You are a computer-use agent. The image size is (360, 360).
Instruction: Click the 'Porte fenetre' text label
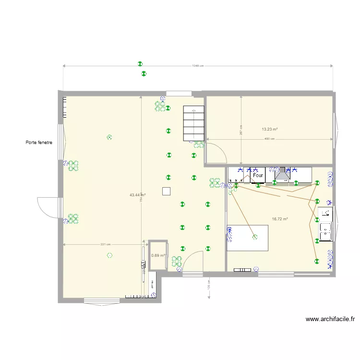[39, 143]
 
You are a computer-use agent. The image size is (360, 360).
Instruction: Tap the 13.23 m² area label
[270, 129]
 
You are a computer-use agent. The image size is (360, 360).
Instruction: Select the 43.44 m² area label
[138, 195]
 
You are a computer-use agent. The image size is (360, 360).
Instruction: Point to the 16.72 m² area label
[280, 219]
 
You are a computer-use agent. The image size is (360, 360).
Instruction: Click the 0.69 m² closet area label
[158, 255]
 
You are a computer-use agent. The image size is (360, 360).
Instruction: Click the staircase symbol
[194, 123]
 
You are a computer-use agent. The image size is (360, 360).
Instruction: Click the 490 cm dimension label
[269, 139]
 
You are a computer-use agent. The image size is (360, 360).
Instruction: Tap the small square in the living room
[166, 191]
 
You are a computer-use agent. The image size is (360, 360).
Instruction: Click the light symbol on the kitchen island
[255, 237]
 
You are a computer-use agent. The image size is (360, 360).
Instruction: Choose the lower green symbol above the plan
[144, 74]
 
